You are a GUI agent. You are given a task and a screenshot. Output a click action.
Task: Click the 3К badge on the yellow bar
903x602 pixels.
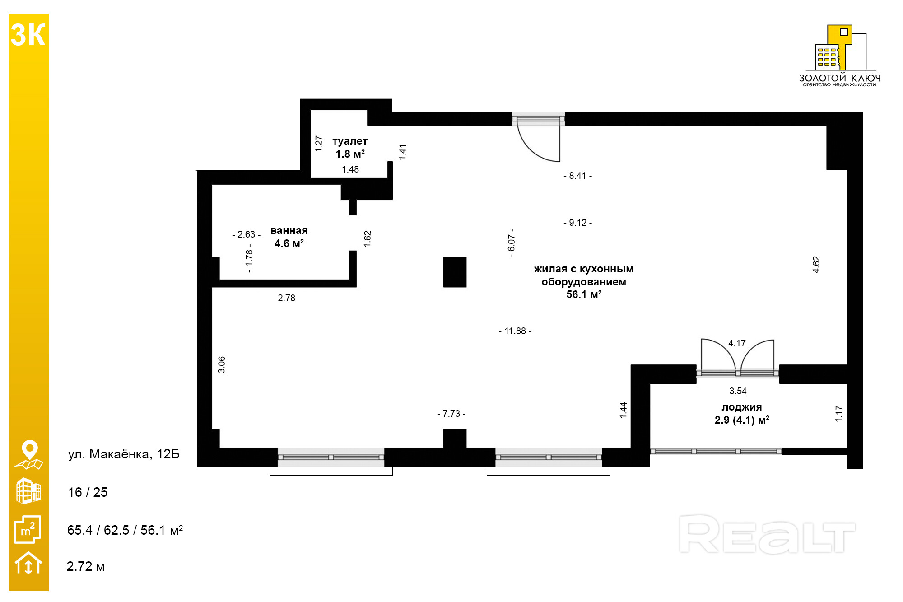28,35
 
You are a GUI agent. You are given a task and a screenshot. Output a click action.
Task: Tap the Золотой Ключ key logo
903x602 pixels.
840,50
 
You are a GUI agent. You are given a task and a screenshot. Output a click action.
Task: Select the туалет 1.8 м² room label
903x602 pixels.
350,148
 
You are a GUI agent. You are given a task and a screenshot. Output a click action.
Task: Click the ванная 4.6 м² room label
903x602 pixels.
289,237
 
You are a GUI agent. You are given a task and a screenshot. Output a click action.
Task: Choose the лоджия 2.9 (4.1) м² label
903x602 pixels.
742,414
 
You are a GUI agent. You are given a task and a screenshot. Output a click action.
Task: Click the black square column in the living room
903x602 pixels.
455,272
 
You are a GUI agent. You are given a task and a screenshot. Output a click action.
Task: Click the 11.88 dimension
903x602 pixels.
515,331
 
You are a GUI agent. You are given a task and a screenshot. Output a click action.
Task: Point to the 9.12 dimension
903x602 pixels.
577,223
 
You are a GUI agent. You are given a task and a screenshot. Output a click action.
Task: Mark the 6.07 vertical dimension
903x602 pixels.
512,243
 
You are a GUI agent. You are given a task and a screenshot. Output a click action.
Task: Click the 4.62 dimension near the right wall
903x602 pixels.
816,265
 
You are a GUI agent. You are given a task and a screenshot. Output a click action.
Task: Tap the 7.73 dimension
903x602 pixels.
451,414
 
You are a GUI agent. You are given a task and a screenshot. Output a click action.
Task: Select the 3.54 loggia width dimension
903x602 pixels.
738,391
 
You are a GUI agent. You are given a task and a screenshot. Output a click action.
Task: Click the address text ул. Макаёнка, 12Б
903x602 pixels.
124,454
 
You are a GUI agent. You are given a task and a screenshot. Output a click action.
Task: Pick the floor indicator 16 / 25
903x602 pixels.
88,492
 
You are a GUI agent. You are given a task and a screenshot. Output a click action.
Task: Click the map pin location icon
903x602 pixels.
29,454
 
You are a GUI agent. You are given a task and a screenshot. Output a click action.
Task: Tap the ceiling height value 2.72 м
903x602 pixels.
85,566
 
